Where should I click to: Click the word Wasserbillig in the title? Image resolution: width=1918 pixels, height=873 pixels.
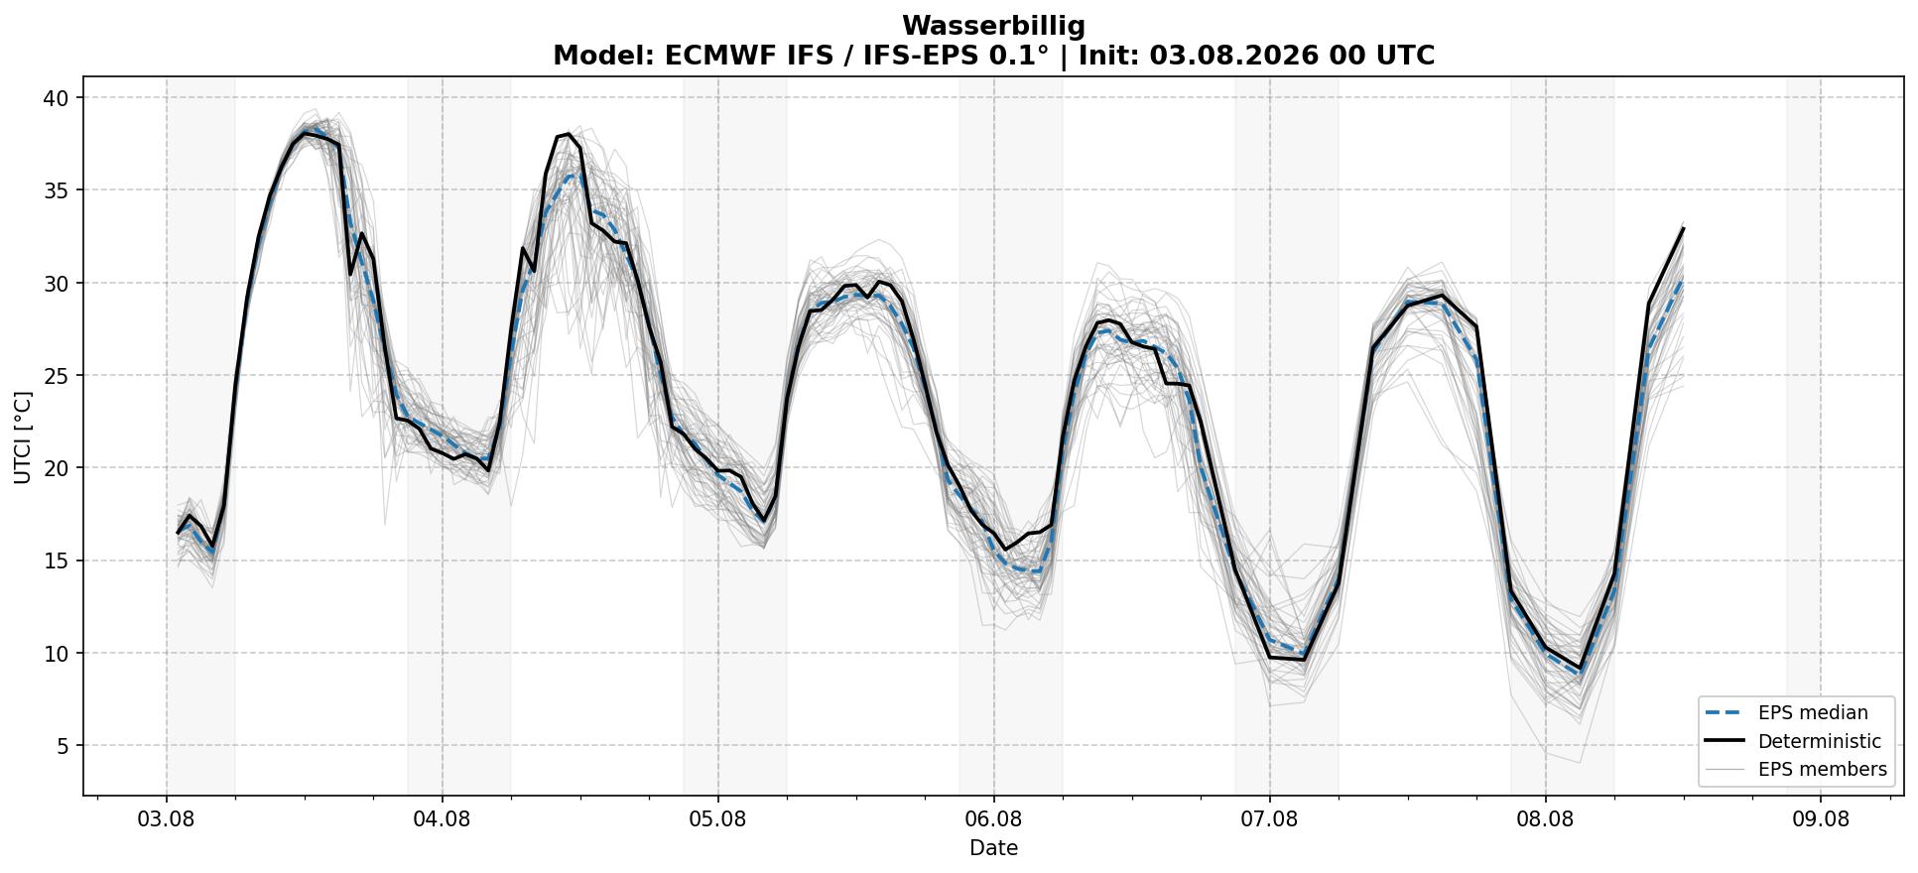click(993, 26)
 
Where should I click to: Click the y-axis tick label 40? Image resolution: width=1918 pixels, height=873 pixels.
click(56, 97)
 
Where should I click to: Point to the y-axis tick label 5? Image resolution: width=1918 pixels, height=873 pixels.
click(63, 746)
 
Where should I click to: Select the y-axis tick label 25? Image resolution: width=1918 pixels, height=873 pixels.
click(56, 376)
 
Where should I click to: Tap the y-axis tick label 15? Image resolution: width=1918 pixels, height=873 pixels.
click(56, 561)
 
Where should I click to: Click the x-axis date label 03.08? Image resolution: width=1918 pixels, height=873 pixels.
click(166, 819)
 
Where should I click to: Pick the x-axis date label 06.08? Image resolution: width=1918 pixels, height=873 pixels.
click(993, 819)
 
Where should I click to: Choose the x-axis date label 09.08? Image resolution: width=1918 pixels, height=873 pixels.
click(1821, 819)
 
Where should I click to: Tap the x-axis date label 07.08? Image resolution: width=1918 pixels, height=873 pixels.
click(1269, 819)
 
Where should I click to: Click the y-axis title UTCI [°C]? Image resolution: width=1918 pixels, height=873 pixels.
click(23, 437)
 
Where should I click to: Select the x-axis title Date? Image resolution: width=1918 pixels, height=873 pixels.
click(993, 848)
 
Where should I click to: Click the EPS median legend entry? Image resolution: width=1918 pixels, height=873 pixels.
click(1786, 712)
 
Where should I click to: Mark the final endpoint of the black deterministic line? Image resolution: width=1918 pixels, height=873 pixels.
click(1683, 229)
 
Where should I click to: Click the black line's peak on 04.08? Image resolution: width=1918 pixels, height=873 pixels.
click(568, 133)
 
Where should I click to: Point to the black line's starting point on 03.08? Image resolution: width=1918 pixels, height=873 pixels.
click(179, 533)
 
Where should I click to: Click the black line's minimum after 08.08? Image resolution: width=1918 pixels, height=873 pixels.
click(1580, 668)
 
